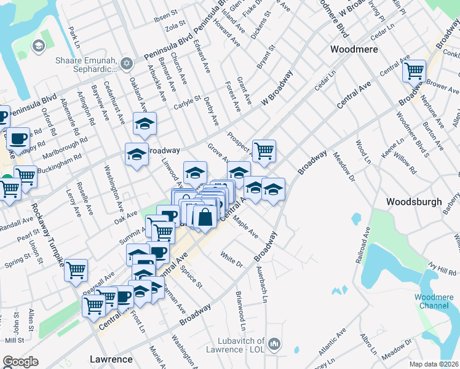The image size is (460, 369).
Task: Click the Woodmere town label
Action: (354, 49)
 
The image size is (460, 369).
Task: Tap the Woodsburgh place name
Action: (413, 202)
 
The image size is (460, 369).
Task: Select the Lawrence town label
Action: (111, 359)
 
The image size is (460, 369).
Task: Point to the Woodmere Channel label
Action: (434, 301)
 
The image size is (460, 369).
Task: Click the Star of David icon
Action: (127, 63)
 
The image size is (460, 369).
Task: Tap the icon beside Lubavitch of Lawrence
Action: (275, 343)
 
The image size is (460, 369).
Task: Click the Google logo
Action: (20, 362)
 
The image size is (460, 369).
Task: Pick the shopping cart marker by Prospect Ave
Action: (264, 150)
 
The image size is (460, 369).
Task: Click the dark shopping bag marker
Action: (205, 216)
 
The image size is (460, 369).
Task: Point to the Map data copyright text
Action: (434, 363)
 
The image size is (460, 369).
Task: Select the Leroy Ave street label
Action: (73, 202)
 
